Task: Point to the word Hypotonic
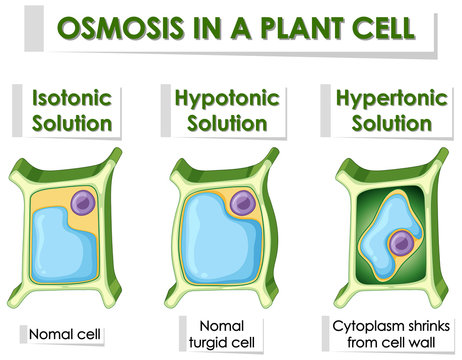tap(225, 99)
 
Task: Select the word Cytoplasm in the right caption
tap(361, 326)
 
